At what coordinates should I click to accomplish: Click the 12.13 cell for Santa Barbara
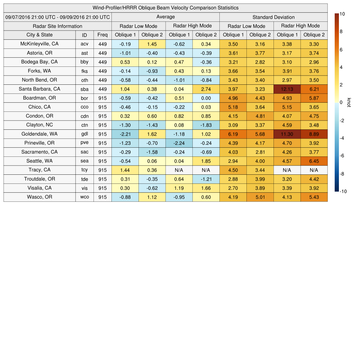287,89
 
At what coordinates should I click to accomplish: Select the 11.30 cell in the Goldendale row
287,134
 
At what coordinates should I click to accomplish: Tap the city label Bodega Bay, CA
39,62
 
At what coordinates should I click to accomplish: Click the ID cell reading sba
84,89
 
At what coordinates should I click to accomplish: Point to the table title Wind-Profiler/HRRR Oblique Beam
165,8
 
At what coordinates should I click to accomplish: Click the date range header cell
58,17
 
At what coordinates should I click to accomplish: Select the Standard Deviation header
274,17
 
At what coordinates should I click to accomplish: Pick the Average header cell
165,17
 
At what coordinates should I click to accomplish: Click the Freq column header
102,35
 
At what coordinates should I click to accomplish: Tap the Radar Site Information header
58,26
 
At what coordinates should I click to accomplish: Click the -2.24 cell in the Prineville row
179,143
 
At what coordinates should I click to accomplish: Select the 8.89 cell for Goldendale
314,134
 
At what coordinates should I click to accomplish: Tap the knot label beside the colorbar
349,102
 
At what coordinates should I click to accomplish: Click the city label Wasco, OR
39,197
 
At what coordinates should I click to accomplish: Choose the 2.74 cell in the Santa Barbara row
206,89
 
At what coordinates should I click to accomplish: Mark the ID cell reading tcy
84,170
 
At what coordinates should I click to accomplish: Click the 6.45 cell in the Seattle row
314,161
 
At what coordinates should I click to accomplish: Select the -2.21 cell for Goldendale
125,134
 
